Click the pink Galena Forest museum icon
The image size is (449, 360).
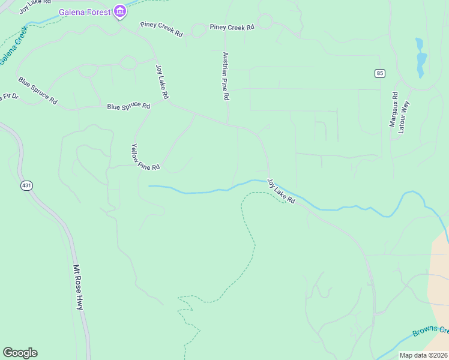(119, 11)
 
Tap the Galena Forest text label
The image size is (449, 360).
(85, 12)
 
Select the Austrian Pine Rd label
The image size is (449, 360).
(226, 76)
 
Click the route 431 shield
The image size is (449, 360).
(26, 186)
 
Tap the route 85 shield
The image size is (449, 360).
(379, 73)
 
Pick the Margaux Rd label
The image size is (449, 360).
(394, 109)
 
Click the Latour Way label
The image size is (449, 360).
(405, 117)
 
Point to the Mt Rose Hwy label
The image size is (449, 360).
(78, 287)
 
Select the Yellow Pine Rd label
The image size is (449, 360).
(146, 157)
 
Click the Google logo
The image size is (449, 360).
(20, 353)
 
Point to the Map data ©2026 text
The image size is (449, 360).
(423, 355)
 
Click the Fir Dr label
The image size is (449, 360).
(8, 97)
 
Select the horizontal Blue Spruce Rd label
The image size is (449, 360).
(128, 106)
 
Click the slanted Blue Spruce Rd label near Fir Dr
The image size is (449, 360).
(37, 91)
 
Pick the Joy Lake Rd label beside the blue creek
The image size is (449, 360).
(282, 191)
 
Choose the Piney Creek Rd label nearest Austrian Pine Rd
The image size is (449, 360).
(232, 27)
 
